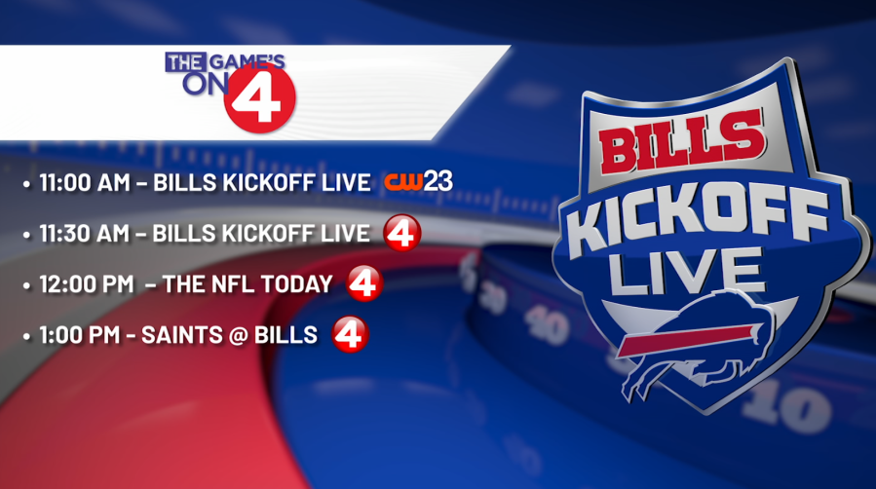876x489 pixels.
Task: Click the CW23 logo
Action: click(x=418, y=181)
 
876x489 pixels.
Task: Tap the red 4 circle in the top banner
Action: click(x=259, y=97)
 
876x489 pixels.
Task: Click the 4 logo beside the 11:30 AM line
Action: click(x=402, y=233)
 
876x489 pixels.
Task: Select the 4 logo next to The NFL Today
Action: click(x=364, y=283)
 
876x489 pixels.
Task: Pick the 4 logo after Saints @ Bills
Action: click(x=350, y=334)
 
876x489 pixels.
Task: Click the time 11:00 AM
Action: click(x=85, y=182)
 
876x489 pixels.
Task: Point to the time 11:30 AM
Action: click(x=85, y=234)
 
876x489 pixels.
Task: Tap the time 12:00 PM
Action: click(x=87, y=284)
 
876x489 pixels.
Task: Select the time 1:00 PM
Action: click(x=80, y=335)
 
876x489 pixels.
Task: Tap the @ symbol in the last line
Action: click(x=239, y=335)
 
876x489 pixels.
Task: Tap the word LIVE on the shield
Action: click(x=685, y=272)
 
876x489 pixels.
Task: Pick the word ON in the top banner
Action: click(x=206, y=84)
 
